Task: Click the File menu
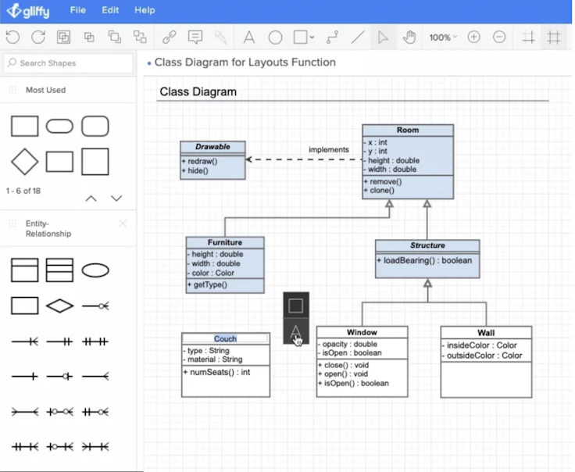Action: [77, 10]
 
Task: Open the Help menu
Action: [145, 10]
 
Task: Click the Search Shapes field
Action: [68, 63]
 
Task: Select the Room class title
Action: [407, 131]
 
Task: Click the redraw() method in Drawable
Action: [202, 161]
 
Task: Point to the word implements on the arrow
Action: [328, 149]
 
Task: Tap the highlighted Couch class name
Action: [225, 338]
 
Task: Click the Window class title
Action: [362, 332]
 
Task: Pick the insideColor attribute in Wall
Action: [481, 345]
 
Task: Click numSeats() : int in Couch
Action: [217, 372]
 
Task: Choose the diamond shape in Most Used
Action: [25, 162]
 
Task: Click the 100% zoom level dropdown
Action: [443, 38]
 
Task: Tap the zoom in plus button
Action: [473, 38]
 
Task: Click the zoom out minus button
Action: [499, 38]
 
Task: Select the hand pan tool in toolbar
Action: [409, 38]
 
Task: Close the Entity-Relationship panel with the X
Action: [123, 224]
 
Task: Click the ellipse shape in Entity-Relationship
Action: [95, 270]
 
